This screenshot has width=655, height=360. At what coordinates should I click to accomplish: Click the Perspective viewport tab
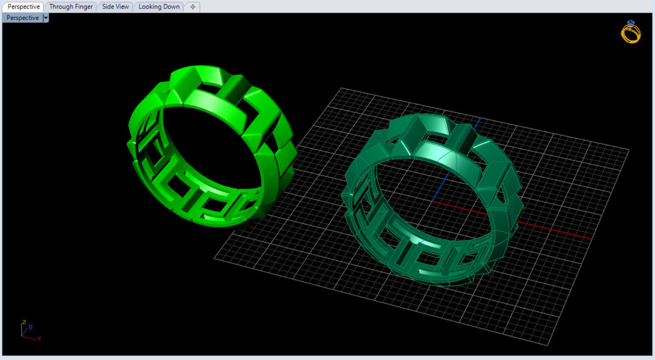pyautogui.click(x=24, y=7)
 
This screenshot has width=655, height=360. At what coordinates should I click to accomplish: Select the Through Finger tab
pyautogui.click(x=71, y=7)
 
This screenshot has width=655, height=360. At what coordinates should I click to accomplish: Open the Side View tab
pyautogui.click(x=115, y=7)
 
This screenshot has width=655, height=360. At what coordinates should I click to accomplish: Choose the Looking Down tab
pyautogui.click(x=159, y=7)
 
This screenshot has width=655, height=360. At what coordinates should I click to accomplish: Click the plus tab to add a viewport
pyautogui.click(x=193, y=7)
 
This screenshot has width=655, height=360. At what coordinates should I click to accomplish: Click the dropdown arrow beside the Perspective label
pyautogui.click(x=46, y=18)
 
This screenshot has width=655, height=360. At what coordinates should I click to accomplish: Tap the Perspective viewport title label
pyautogui.click(x=22, y=18)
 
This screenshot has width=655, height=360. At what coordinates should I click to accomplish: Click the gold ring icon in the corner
pyautogui.click(x=631, y=33)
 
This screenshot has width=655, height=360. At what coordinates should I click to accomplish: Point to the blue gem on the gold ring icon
pyautogui.click(x=631, y=23)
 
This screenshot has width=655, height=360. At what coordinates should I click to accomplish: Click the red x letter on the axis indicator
pyautogui.click(x=39, y=339)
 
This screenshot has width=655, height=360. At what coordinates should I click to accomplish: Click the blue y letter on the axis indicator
pyautogui.click(x=30, y=327)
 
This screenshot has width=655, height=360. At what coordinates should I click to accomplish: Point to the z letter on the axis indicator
pyautogui.click(x=24, y=322)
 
